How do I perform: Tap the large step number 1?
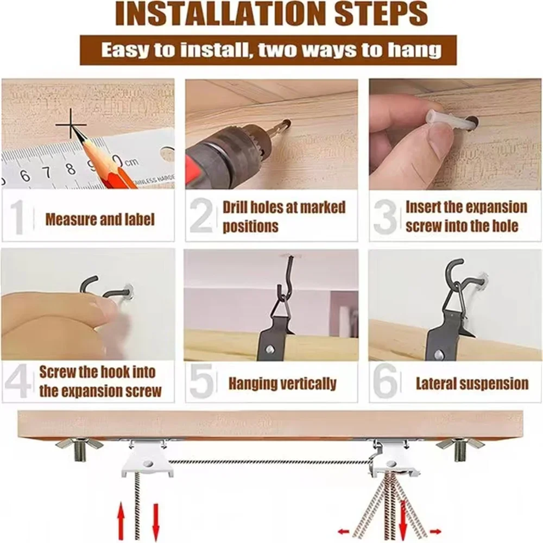coord(17,218)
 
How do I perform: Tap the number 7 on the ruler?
coord(47,173)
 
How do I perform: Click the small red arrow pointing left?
coord(344,531)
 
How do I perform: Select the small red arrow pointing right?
coord(435,531)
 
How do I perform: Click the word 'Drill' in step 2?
coord(235,207)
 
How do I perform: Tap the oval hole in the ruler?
coord(167,154)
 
